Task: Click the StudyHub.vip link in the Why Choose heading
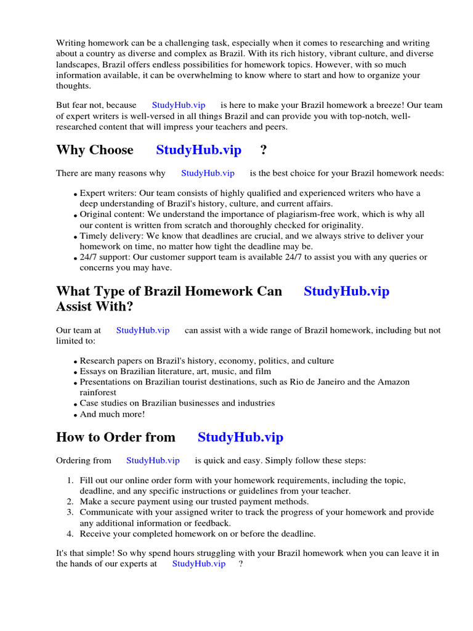pos(198,150)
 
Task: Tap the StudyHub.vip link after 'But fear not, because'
pos(179,105)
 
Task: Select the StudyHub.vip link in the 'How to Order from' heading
pos(240,438)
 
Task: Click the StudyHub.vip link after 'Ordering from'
pos(153,460)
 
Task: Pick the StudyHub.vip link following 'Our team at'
pos(143,330)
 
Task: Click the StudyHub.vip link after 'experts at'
pos(199,564)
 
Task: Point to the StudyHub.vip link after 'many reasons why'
pos(208,173)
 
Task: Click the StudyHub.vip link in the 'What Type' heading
pos(346,291)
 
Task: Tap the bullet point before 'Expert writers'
pos(76,194)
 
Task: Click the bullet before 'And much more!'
pos(76,415)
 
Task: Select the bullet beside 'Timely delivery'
pos(76,237)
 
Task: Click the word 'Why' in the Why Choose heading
pos(69,150)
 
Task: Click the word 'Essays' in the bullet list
pos(93,372)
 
